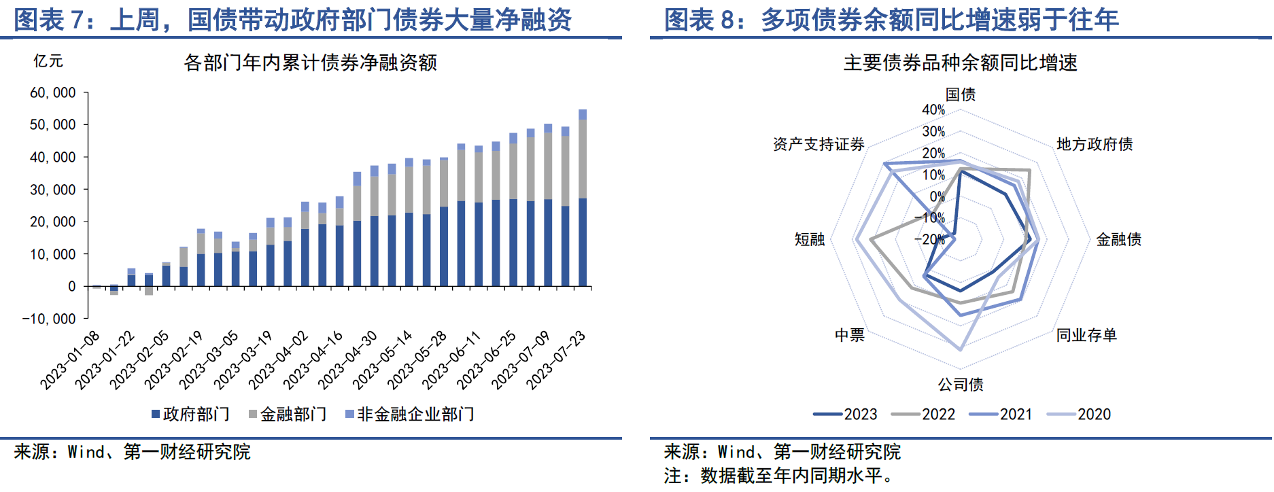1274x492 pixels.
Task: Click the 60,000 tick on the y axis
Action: click(53, 92)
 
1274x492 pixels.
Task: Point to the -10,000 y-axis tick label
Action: click(49, 319)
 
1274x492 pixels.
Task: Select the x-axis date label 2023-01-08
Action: click(70, 359)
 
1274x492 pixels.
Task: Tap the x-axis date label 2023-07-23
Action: click(556, 359)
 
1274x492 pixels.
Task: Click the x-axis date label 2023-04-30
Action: click(347, 359)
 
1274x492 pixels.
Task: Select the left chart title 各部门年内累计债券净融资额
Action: click(310, 63)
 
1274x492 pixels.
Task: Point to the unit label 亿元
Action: click(48, 61)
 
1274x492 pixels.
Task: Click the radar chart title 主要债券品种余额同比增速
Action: click(960, 63)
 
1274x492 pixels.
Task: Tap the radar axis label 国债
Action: click(960, 94)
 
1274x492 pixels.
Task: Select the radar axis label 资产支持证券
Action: click(819, 144)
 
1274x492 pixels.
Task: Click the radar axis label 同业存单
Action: click(1086, 335)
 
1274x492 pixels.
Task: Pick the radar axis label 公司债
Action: click(960, 385)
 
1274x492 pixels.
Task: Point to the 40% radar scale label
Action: click(933, 110)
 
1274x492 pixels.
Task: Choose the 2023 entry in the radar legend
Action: click(846, 414)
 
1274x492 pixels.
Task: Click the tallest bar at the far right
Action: click(583, 197)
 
